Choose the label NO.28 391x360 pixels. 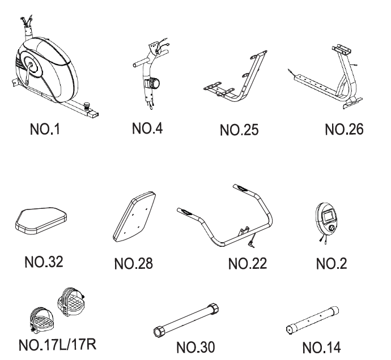coord(133,263)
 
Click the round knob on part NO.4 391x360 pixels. coord(155,83)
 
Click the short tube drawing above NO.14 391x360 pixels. coord(312,319)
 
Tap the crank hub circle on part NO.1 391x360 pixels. coord(33,65)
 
